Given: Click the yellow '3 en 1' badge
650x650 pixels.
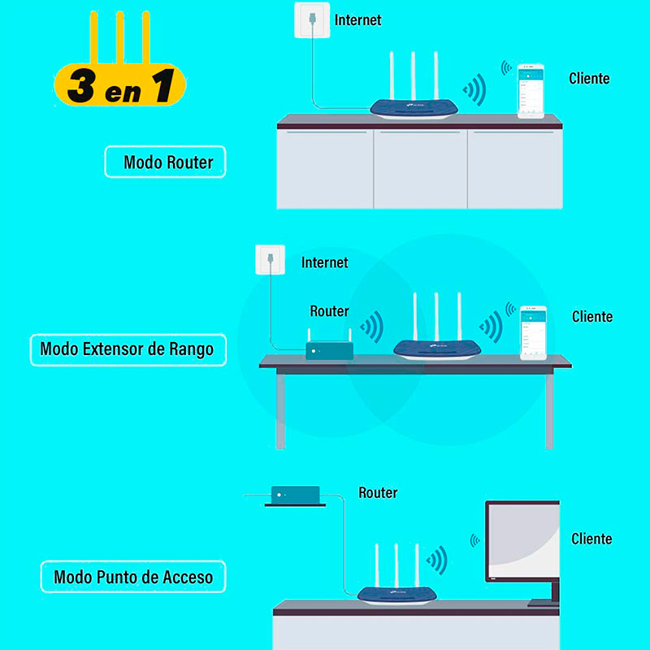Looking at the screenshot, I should pyautogui.click(x=119, y=85).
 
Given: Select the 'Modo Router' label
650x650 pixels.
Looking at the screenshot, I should pyautogui.click(x=166, y=162).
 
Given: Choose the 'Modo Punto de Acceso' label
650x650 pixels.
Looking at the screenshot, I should pyautogui.click(x=133, y=578).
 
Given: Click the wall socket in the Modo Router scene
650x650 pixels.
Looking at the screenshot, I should pyautogui.click(x=312, y=19).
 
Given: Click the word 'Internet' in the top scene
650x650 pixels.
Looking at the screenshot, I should pyautogui.click(x=357, y=19).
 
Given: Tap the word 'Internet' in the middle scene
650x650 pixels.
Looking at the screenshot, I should pyautogui.click(x=324, y=262).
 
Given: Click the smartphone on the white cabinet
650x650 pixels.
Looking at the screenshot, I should pyautogui.click(x=533, y=91).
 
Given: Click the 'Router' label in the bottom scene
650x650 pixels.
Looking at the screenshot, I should pyautogui.click(x=378, y=493).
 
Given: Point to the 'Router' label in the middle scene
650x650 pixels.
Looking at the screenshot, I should pyautogui.click(x=329, y=311).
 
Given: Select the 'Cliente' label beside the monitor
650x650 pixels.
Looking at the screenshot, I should pyautogui.click(x=591, y=539).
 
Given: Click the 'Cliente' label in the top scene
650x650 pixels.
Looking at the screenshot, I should pyautogui.click(x=589, y=78).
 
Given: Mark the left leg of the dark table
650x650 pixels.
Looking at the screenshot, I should pyautogui.click(x=280, y=410).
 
